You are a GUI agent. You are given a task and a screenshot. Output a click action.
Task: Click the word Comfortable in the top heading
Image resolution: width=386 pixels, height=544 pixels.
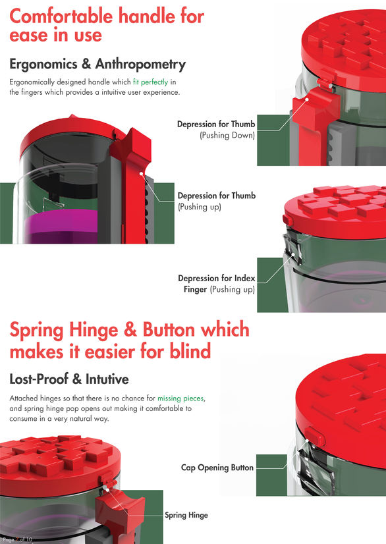point(61,16)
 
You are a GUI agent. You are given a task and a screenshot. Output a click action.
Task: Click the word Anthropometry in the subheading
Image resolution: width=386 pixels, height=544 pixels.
point(140,65)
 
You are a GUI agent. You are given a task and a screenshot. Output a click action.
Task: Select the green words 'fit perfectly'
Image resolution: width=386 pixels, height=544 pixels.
point(150,82)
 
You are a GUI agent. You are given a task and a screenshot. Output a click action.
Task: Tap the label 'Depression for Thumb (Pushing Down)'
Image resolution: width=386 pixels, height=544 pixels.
point(216,129)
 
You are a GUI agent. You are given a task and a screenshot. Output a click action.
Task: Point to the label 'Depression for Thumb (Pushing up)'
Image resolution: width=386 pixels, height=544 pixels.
point(217,201)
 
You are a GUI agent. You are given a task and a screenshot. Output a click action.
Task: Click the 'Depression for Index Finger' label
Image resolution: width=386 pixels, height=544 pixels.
point(217,283)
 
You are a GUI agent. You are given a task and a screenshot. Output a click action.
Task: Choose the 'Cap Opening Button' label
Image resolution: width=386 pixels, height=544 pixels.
point(217,468)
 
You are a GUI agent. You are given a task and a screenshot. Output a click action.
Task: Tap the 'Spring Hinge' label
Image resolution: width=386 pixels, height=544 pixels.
point(186,515)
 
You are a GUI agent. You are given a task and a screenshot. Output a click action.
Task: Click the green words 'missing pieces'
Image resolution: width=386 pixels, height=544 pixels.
point(180,398)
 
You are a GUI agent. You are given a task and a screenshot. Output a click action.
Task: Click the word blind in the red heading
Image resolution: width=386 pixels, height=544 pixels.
point(190,351)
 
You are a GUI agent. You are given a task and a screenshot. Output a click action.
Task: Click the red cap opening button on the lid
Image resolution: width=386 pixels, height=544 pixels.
point(314,436)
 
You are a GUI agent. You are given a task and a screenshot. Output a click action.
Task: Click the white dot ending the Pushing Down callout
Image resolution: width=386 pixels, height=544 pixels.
point(307,99)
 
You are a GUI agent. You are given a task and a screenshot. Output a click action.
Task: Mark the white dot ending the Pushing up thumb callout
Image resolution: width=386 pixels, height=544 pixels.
point(141,173)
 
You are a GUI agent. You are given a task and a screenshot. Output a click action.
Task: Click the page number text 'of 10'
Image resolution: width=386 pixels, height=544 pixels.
point(26,539)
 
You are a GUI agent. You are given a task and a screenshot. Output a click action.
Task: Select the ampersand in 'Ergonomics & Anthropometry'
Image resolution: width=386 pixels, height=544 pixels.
point(86,64)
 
